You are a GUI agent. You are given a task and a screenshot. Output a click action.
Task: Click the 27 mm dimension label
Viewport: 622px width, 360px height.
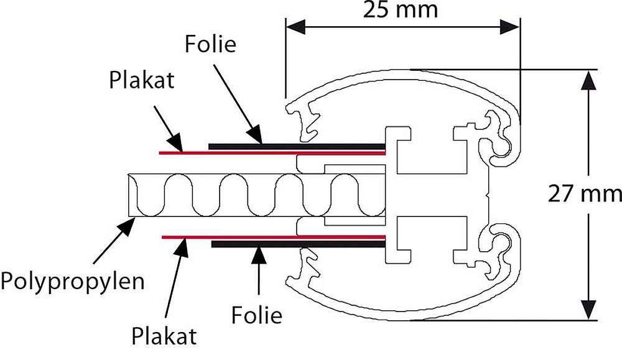585,194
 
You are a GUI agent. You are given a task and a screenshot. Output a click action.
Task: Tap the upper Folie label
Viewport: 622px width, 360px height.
211,45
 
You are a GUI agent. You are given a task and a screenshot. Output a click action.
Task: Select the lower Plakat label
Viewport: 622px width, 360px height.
164,336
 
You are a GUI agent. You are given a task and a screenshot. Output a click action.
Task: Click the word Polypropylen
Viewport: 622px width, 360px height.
73,280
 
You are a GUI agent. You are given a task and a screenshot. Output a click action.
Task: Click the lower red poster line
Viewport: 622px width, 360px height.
187,237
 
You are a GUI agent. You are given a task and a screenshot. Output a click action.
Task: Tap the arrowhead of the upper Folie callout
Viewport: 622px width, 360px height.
258,138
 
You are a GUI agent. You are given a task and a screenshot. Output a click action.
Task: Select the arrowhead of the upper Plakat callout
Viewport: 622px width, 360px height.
177,144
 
